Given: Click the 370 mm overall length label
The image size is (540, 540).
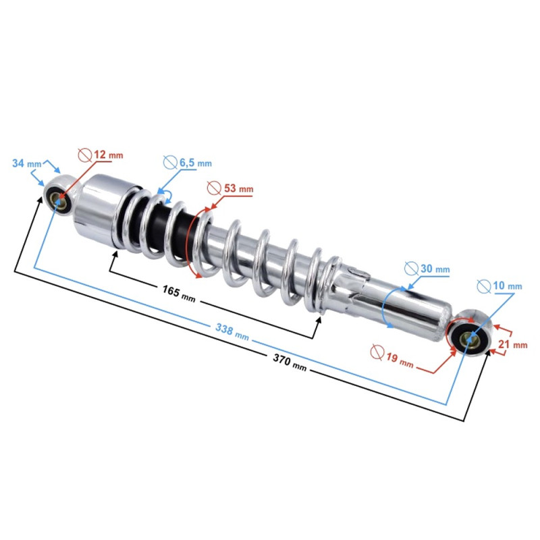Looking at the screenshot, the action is (x=290, y=362).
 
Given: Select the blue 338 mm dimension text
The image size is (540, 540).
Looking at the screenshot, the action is (x=232, y=331).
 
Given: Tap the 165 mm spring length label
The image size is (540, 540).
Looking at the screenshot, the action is (x=179, y=294).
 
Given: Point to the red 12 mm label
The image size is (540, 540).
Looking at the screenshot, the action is (x=108, y=155).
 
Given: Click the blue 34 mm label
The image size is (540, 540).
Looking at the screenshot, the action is (x=27, y=163).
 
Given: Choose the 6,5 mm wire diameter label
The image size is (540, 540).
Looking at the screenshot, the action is (x=195, y=163).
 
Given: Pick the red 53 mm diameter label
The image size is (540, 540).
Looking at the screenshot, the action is (x=239, y=188).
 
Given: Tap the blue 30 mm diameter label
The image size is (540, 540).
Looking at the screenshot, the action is (x=435, y=269).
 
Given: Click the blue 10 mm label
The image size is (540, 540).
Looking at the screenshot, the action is (x=508, y=286).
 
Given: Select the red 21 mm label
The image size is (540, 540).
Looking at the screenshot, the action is (x=513, y=344).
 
